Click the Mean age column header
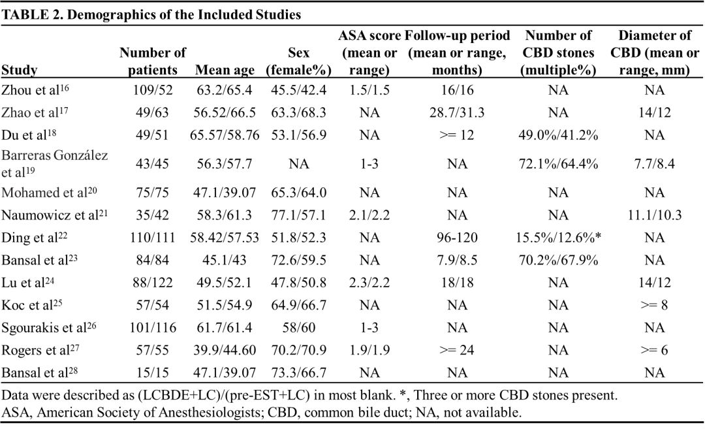coord(225,70)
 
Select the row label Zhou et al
coord(35,90)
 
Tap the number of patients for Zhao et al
coord(152,112)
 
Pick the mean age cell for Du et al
coord(225,135)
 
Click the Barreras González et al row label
coord(54,164)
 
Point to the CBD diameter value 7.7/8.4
coord(654,164)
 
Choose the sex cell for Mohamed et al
coord(298,193)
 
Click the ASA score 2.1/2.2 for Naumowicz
coord(369,215)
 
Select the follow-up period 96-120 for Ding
coord(457,238)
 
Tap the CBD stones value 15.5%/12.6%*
coord(558,238)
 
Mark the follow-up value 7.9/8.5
coord(457,260)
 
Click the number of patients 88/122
coord(152,282)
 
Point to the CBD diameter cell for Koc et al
coord(654,305)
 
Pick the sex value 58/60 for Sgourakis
coord(298,327)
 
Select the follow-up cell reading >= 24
coord(457,350)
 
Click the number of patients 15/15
coord(152,372)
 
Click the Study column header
coord(20,70)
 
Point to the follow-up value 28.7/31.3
coord(457,112)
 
